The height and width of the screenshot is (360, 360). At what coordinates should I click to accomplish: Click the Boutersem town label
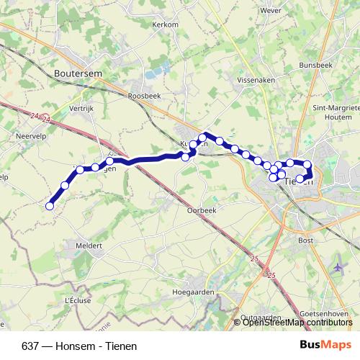click(x=78, y=73)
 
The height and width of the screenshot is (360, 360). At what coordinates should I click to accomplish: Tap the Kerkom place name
click(x=164, y=24)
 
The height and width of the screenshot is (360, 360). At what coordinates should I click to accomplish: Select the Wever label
click(x=271, y=12)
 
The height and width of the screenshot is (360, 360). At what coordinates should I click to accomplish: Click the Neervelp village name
click(x=31, y=135)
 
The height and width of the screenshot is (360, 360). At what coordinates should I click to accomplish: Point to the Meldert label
click(x=89, y=245)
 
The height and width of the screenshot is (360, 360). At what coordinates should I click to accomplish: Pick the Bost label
click(x=305, y=240)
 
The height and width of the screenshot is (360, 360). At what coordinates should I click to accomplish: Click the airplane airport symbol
click(x=338, y=267)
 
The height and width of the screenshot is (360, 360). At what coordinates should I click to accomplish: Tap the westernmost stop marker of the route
click(x=50, y=207)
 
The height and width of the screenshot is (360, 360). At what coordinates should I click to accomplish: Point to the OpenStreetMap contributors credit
click(x=298, y=322)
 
